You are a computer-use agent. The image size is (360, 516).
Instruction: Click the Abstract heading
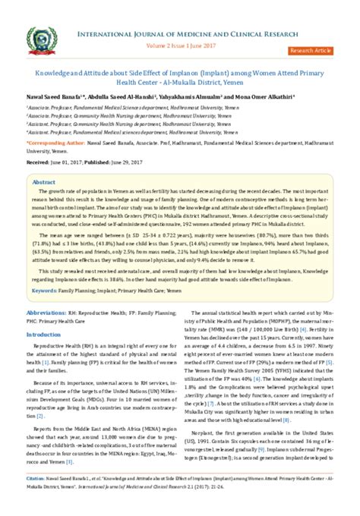pos(43,183)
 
